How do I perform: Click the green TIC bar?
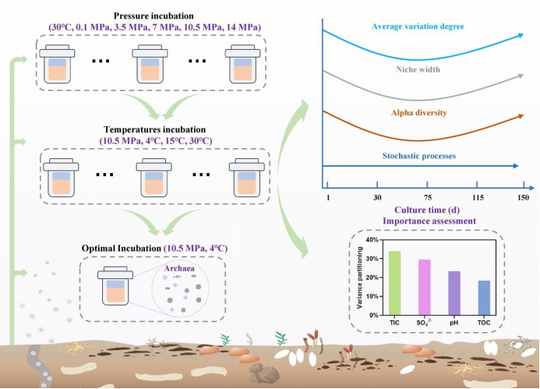(395, 283)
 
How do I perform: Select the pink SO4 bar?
(425, 287)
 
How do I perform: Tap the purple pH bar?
(454, 293)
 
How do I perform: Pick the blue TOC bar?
(484, 298)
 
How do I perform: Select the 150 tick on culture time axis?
(522, 196)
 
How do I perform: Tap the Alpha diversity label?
(419, 113)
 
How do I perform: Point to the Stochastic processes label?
(419, 156)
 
